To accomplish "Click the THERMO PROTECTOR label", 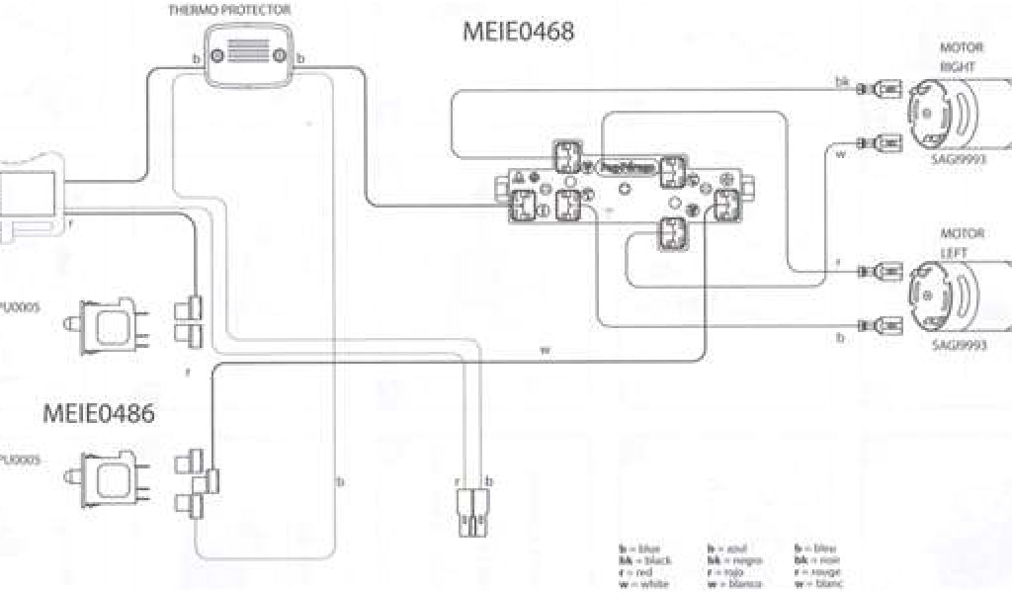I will pyautogui.click(x=243, y=10).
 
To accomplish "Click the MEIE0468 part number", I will pyautogui.click(x=519, y=32).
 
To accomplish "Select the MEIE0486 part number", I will pyautogui.click(x=98, y=413).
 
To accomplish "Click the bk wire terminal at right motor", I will pyautogui.click(x=879, y=90).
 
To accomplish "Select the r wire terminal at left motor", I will pyautogui.click(x=879, y=270).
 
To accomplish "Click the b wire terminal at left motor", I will pyautogui.click(x=879, y=322).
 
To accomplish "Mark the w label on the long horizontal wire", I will pyautogui.click(x=544, y=351).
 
